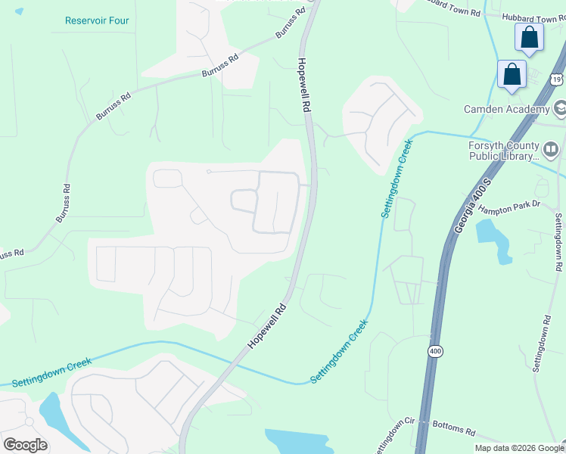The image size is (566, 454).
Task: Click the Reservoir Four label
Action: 97,20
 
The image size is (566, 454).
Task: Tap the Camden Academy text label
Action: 506,110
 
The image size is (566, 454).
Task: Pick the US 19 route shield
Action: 557,79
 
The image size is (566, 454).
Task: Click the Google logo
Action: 25,445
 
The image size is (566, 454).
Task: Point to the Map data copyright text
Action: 519,448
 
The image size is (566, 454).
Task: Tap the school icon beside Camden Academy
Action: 561,110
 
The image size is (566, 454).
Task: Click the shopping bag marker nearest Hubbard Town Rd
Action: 529,36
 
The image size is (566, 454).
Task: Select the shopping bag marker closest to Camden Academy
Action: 512,74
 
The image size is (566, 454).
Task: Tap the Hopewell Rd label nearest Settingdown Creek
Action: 268,327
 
